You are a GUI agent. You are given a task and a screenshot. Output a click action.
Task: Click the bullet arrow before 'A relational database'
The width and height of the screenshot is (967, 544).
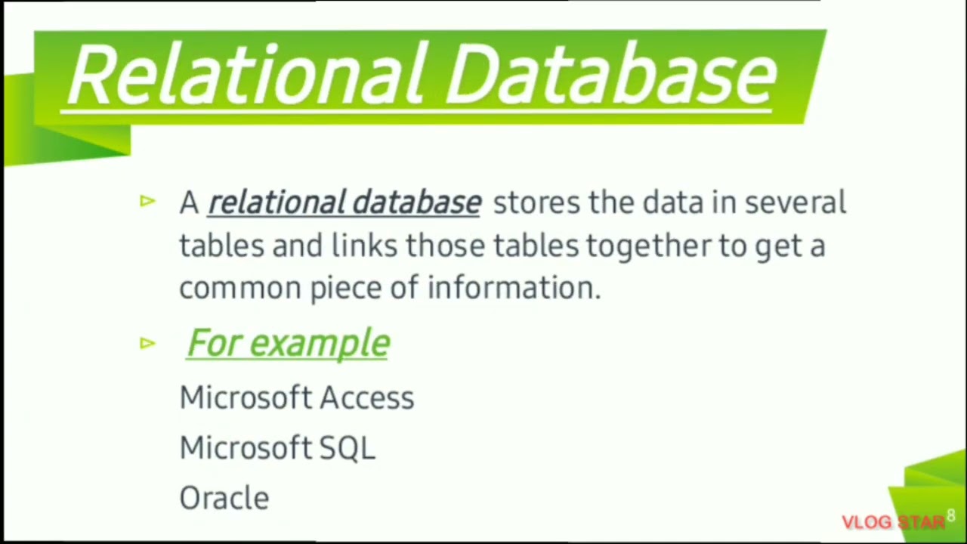point(147,201)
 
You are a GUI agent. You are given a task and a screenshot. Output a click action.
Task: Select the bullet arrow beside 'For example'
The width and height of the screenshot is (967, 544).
point(147,344)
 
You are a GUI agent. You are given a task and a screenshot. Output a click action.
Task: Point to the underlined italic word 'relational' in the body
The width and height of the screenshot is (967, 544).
point(277,202)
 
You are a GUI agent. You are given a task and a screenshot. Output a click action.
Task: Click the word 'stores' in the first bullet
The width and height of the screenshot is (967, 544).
point(536,202)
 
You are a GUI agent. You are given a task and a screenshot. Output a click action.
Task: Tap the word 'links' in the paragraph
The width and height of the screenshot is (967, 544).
point(364,246)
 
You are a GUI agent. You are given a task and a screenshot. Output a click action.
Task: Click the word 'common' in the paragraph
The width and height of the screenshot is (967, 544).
point(240,289)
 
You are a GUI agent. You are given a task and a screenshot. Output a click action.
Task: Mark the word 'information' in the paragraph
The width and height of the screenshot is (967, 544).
point(512,288)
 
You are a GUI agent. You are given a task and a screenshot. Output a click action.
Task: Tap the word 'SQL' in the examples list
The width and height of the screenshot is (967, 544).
point(347,448)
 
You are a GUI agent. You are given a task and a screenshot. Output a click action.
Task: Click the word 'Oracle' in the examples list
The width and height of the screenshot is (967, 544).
point(224,498)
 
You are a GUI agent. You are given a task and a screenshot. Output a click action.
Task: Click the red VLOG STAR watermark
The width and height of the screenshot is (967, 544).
point(893,522)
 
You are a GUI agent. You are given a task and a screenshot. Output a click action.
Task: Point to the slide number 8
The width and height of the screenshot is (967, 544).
point(950,516)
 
